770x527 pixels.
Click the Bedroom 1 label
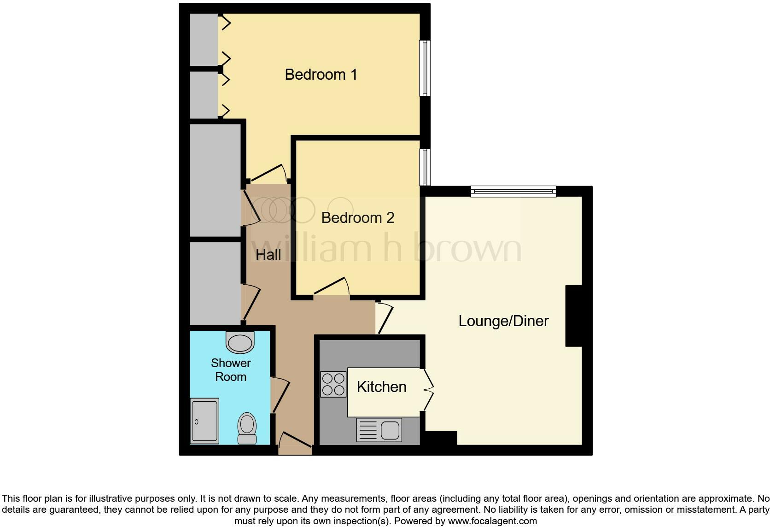point(321,75)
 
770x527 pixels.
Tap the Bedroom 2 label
point(357,218)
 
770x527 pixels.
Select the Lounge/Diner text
point(503,321)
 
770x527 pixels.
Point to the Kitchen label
point(381,387)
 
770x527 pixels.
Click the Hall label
point(268,255)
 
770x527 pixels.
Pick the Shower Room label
point(231,370)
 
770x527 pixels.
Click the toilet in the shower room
point(247,428)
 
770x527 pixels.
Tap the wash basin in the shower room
point(240,342)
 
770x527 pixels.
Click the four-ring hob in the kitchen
point(333,384)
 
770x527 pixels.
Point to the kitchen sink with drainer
point(379,430)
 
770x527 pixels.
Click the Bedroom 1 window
point(425,68)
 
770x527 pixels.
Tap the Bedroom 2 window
point(425,167)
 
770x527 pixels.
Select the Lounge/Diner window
point(513,191)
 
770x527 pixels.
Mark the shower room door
point(280,395)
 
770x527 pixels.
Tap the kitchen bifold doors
point(428,389)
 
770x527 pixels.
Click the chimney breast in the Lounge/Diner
point(574,316)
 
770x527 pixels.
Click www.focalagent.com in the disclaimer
point(492,521)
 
